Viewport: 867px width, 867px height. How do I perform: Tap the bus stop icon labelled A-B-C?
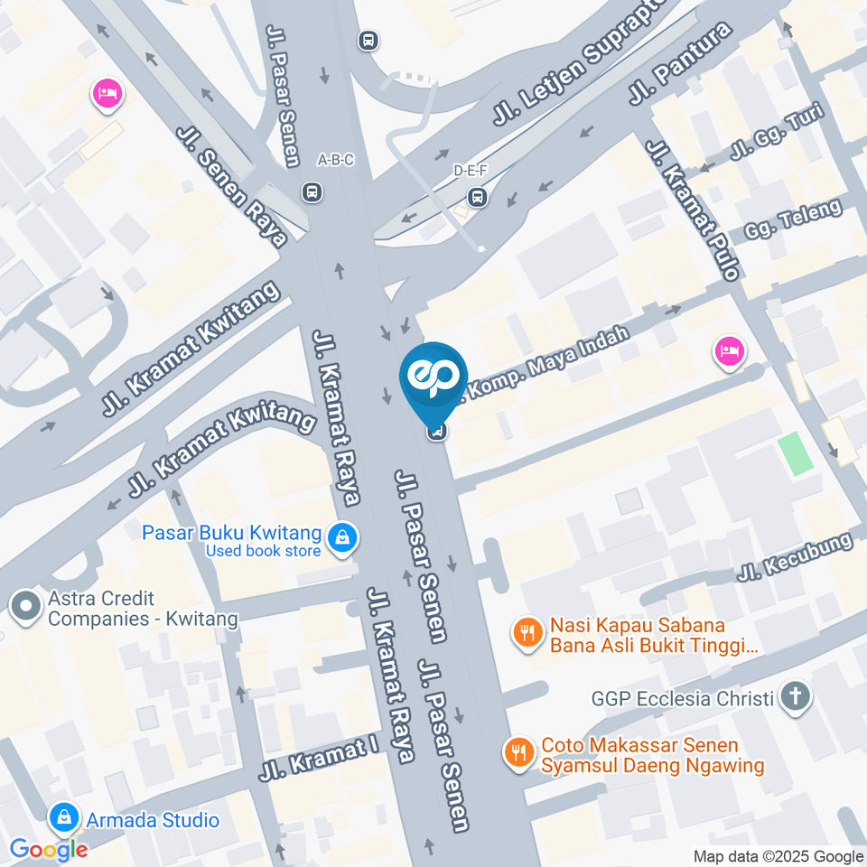(x=312, y=191)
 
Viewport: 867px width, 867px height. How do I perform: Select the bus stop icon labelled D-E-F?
(x=477, y=196)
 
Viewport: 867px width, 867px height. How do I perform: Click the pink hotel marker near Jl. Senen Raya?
(x=107, y=94)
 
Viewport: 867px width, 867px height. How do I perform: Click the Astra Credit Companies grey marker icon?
(x=25, y=608)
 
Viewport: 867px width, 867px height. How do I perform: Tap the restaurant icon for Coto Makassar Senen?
(x=518, y=752)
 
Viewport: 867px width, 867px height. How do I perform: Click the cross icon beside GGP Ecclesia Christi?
(x=795, y=697)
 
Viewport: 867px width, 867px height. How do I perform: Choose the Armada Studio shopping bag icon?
(x=63, y=819)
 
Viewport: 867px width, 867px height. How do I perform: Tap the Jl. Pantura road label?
(x=680, y=64)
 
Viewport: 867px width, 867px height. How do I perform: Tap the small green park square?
(x=796, y=453)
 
